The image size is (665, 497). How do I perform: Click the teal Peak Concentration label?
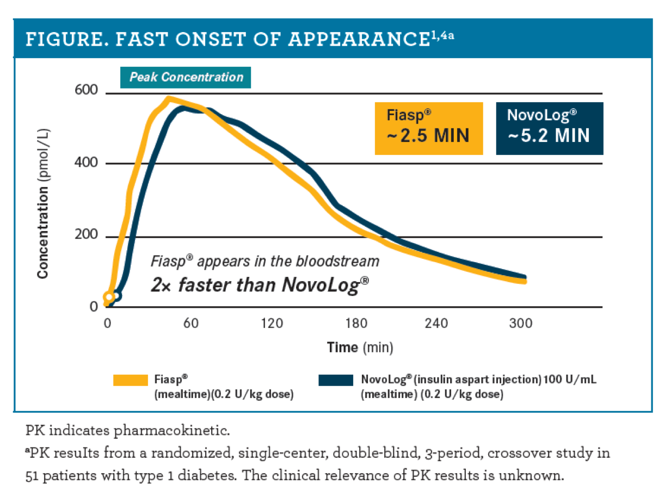coord(186,77)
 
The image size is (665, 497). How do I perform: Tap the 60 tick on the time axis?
coord(190,323)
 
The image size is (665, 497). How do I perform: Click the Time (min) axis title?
coord(359,347)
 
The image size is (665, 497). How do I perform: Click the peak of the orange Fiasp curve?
coord(169,99)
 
